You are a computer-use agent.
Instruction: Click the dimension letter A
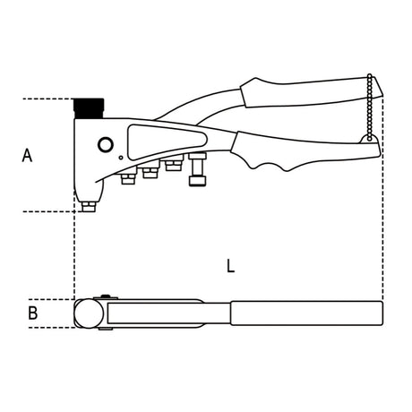pyautogui.click(x=27, y=155)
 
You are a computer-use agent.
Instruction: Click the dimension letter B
pyautogui.click(x=32, y=313)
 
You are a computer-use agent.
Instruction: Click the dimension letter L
pyautogui.click(x=231, y=266)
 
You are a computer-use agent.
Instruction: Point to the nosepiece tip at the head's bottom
pyautogui.click(x=88, y=207)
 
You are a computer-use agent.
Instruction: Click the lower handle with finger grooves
pyautogui.click(x=287, y=152)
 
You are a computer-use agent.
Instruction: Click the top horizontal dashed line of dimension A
pyautogui.click(x=45, y=98)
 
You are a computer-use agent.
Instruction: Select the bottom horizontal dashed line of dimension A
pyautogui.click(x=45, y=212)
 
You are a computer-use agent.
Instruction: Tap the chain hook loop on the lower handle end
pyautogui.click(x=364, y=140)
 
